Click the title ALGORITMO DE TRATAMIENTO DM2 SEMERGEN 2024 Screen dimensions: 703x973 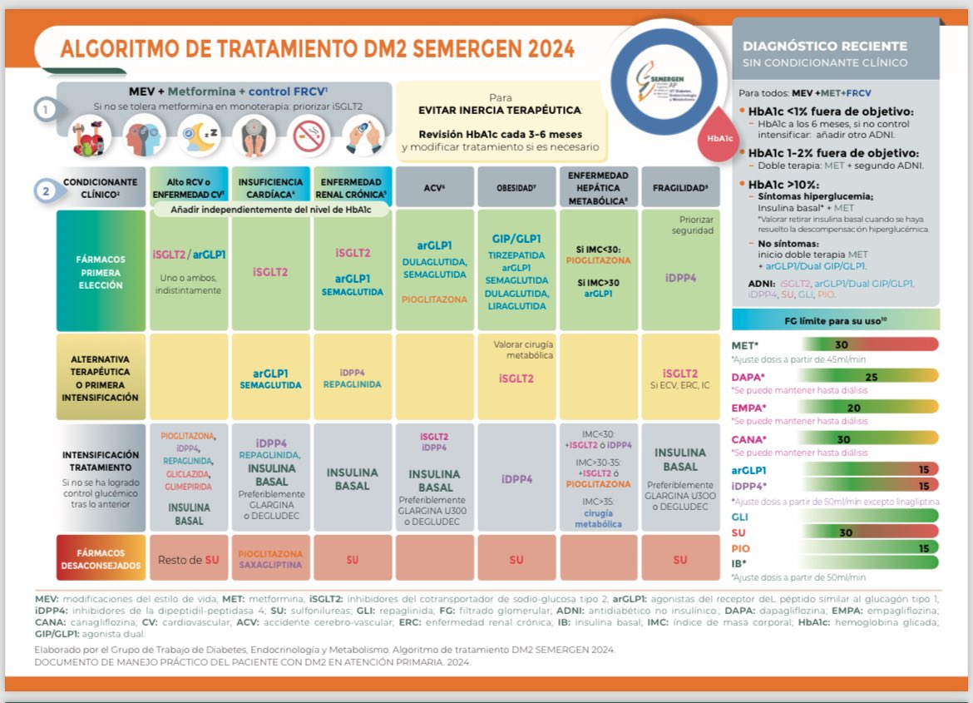coord(317,49)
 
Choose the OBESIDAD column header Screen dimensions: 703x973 coord(516,187)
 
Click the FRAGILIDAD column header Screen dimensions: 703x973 coord(680,187)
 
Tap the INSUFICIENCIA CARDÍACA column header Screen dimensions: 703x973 coord(269,187)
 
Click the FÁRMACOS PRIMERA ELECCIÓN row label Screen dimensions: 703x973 coord(100,272)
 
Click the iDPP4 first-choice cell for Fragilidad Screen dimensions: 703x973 coord(680,278)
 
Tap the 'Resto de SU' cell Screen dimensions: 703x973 coord(189,559)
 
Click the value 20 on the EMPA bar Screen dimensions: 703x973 coord(854,408)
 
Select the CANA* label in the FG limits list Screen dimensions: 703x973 coord(748,439)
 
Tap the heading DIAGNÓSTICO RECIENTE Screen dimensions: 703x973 coord(825,47)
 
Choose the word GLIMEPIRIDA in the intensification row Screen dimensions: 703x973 coord(188,487)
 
